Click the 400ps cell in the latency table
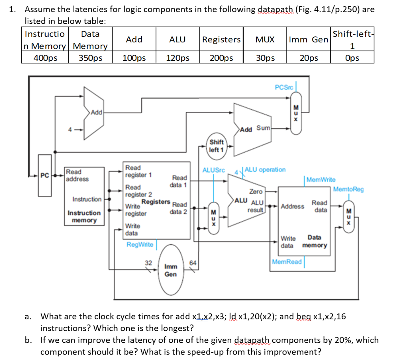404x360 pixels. pos(45,58)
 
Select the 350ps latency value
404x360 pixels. pos(90,58)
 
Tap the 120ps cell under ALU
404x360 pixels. pos(177,58)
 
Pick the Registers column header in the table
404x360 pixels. pos(221,39)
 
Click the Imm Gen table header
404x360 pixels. pos(309,39)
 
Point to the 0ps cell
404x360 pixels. pos(352,58)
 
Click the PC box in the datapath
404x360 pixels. pos(45,175)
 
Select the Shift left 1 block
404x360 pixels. pos(216,146)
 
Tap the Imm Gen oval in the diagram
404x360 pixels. pos(170,270)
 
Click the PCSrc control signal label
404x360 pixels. pos(284,87)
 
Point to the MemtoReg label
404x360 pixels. pos(348,189)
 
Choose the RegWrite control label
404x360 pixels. pos(140,244)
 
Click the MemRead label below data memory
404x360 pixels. pos(287,262)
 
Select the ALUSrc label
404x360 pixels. pos(213,170)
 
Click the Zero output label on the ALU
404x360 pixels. pos(256,191)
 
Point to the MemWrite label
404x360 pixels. pos(321,180)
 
